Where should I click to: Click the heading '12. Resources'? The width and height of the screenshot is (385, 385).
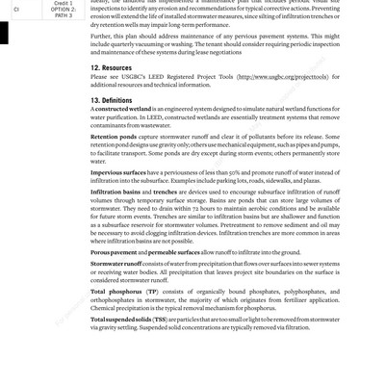(111, 68)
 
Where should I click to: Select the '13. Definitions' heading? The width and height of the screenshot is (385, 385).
(112, 100)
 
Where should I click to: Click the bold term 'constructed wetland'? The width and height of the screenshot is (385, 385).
(123, 110)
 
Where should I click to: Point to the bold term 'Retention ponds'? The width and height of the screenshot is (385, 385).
(114, 137)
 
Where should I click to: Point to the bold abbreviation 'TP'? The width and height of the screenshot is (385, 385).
(152, 292)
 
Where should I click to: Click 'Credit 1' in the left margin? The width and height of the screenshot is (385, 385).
(63, 3)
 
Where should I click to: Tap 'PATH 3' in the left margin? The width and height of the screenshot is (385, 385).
(63, 15)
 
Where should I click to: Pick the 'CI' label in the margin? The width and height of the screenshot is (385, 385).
(16, 10)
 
